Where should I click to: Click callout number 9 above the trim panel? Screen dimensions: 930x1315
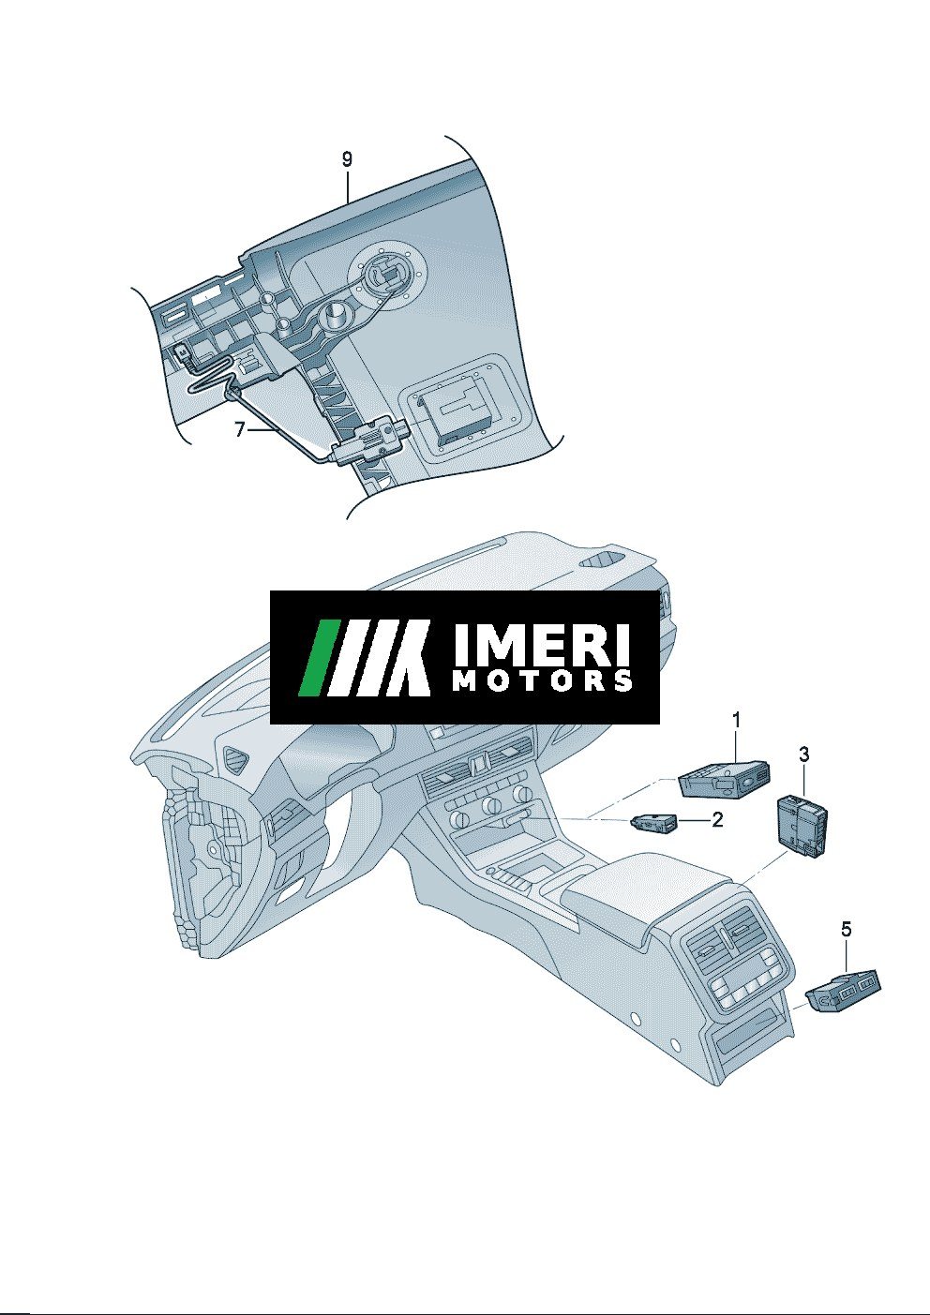coord(347,158)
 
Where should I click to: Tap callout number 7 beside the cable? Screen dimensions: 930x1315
coord(239,429)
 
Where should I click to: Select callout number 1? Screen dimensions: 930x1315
coord(736,719)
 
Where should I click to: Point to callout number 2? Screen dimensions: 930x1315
coord(717,819)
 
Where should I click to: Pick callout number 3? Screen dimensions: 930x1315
coord(803,754)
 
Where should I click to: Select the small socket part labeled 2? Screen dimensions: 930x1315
coord(652,823)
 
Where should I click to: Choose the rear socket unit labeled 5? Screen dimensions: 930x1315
coord(843,991)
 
